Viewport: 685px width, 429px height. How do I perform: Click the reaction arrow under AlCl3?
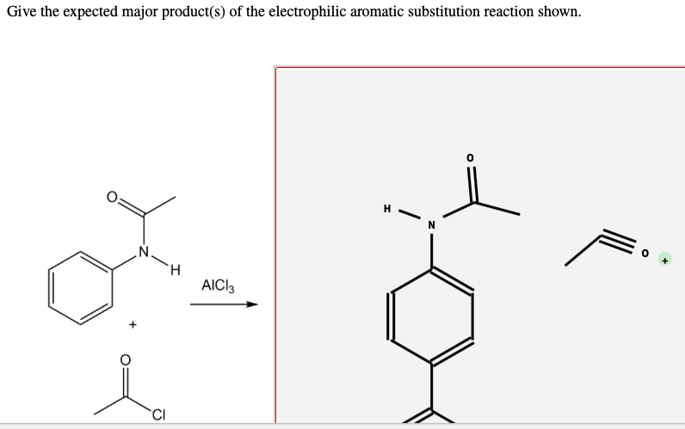[x=224, y=303]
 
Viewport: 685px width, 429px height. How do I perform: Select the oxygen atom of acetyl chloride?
[x=126, y=359]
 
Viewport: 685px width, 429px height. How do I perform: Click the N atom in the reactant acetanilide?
[x=144, y=253]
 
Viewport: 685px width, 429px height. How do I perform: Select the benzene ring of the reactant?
[x=82, y=287]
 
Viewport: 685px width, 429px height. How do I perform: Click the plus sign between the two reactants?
[x=132, y=325]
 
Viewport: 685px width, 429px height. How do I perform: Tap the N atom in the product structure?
[x=431, y=226]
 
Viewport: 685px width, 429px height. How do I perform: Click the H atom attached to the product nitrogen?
[x=387, y=207]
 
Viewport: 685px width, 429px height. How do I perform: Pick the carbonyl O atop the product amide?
[x=470, y=158]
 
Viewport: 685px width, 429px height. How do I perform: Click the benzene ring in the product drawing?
[x=431, y=316]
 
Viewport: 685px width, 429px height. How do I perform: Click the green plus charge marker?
[x=664, y=258]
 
